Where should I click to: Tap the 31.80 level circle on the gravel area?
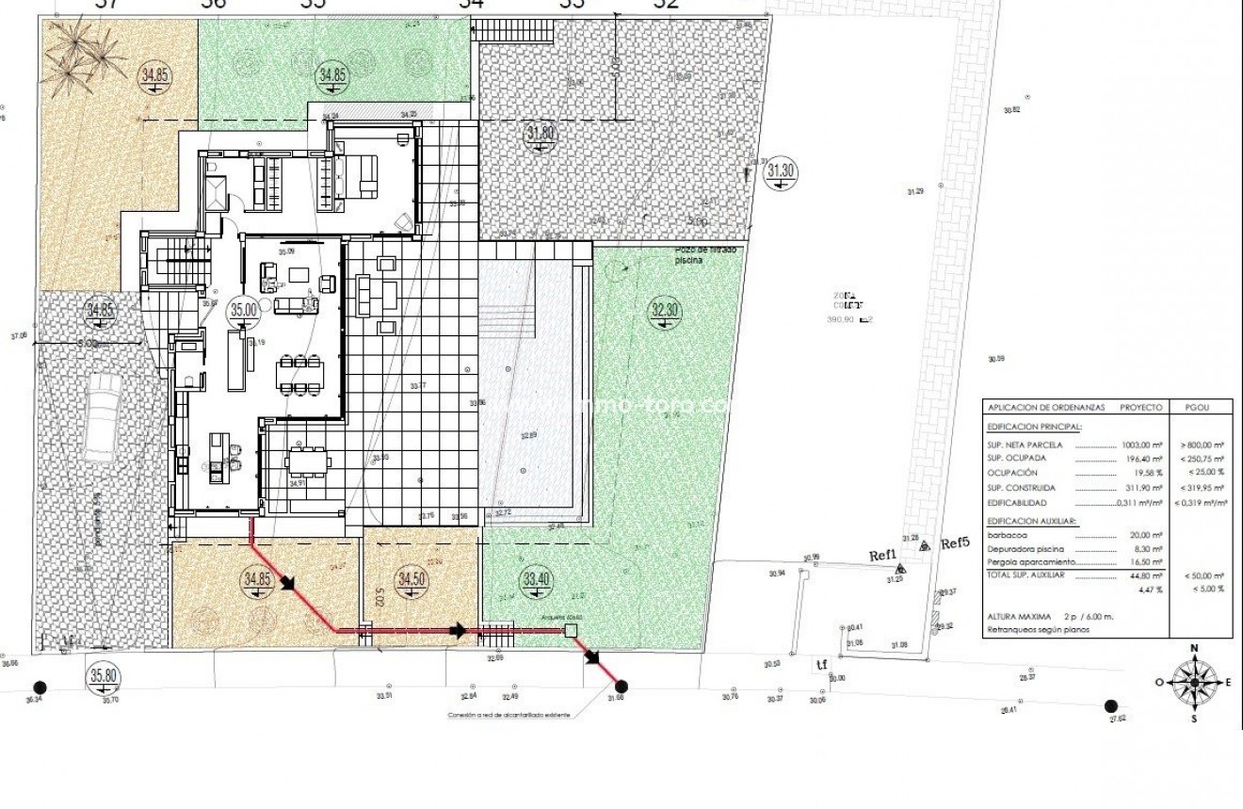point(541,133)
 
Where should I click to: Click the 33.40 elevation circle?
point(536,578)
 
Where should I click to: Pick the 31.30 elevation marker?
point(781,170)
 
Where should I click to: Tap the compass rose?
point(1194,682)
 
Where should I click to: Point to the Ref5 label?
point(955,543)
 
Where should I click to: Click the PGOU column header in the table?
point(1198,408)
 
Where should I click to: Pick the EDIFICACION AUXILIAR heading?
point(1032,520)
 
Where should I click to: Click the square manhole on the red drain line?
point(569,631)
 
